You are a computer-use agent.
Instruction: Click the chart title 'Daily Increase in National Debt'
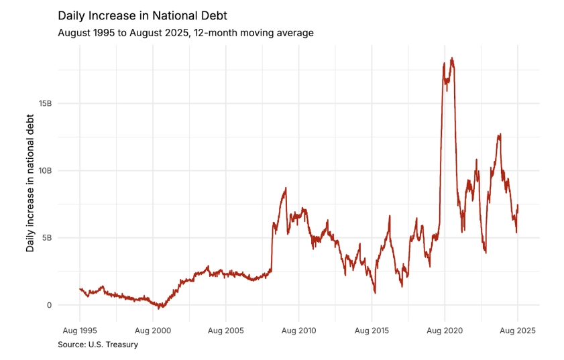(142, 15)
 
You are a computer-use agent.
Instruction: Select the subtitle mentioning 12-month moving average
(185, 32)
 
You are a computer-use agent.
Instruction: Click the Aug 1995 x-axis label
(80, 331)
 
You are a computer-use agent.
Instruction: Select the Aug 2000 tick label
(153, 331)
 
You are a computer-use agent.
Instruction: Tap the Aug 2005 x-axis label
(226, 331)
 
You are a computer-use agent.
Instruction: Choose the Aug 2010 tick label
(299, 331)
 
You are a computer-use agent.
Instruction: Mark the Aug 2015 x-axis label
(372, 331)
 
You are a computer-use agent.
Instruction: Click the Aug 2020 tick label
(445, 331)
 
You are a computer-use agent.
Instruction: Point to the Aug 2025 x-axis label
(518, 331)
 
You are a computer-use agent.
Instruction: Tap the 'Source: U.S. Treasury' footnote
(98, 345)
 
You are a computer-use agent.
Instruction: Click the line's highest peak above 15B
(452, 58)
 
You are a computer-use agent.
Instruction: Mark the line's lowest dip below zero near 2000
(159, 308)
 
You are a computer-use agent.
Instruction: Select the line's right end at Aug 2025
(518, 205)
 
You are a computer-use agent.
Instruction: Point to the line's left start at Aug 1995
(80, 289)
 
